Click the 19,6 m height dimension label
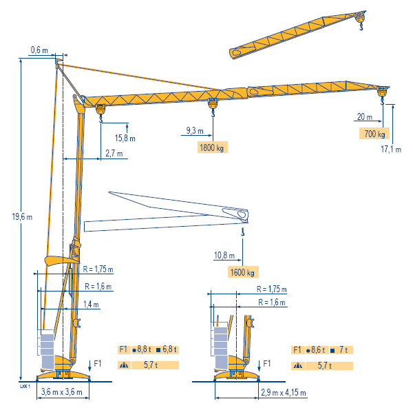point(22,216)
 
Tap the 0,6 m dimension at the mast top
point(39,50)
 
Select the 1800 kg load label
point(212,147)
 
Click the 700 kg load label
point(374,133)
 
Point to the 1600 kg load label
point(243,272)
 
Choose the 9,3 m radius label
point(195,131)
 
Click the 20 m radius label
point(365,116)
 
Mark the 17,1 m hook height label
point(391,150)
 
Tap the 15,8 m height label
point(125,138)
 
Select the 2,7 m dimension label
point(114,154)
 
